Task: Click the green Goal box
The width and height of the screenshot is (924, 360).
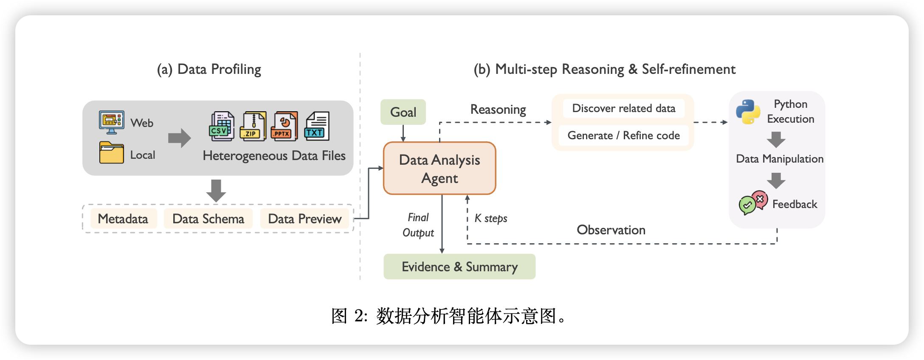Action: [x=403, y=112]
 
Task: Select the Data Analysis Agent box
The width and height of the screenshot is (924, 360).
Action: [x=439, y=169]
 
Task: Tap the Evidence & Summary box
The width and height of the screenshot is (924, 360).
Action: [x=459, y=267]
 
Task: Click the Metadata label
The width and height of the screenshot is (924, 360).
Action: [x=123, y=219]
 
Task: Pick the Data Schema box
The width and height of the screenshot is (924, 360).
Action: [x=208, y=219]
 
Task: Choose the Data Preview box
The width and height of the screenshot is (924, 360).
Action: [x=304, y=219]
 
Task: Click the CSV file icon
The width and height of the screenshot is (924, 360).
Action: [x=222, y=127]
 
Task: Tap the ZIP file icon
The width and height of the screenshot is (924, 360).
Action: [x=253, y=127]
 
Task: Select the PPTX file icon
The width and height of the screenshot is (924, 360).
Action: [x=284, y=127]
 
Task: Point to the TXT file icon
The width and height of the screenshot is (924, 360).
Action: [x=317, y=127]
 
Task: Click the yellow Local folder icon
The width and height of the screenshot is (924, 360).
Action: [x=112, y=153]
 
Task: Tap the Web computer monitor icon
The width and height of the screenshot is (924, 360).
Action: [x=111, y=122]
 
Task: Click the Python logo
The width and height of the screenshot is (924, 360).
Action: [x=748, y=112]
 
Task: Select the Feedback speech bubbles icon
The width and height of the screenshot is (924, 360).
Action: [x=753, y=202]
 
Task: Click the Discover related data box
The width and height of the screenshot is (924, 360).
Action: [x=623, y=108]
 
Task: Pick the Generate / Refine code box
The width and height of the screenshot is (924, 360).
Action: [x=623, y=135]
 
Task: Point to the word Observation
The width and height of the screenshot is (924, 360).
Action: [x=611, y=230]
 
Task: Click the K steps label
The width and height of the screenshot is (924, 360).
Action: [x=491, y=218]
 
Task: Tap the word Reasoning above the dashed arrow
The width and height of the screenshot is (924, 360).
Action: [x=498, y=110]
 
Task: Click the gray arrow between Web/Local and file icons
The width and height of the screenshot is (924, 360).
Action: [x=179, y=138]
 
